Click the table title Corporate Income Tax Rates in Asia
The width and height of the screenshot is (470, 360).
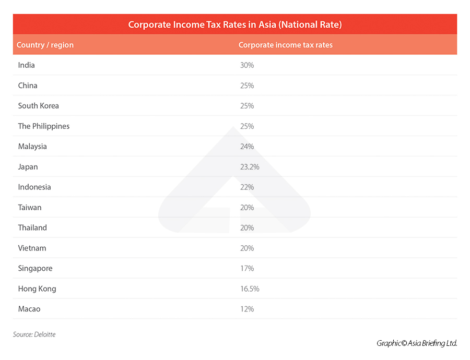[x=235, y=25]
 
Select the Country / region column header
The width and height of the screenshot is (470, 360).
[x=45, y=45]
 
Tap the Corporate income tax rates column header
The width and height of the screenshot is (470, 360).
[x=285, y=45]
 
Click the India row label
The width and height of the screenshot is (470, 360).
[x=27, y=65]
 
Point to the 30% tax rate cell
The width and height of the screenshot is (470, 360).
[x=246, y=65]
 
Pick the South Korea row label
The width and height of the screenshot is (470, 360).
[x=39, y=106]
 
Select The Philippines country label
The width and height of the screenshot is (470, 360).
[x=44, y=126]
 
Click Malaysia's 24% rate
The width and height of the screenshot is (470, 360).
[x=246, y=147]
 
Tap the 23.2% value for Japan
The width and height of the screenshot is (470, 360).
[x=249, y=167]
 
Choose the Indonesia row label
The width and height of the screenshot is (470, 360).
[x=34, y=187]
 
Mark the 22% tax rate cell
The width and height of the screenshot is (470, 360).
[x=246, y=187]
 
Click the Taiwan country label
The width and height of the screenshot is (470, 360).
[x=30, y=208]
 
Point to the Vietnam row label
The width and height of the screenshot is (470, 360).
[x=32, y=248]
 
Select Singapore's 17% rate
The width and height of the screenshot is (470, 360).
[x=246, y=269]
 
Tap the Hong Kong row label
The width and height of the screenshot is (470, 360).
[x=37, y=289]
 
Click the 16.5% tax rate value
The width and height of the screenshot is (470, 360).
[x=249, y=289]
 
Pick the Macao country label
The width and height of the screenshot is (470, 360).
[x=29, y=309]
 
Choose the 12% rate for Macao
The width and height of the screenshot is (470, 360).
[x=246, y=309]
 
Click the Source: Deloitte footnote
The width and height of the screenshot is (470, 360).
[x=34, y=334]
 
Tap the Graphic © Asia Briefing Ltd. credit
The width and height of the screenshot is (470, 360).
[x=417, y=343]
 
